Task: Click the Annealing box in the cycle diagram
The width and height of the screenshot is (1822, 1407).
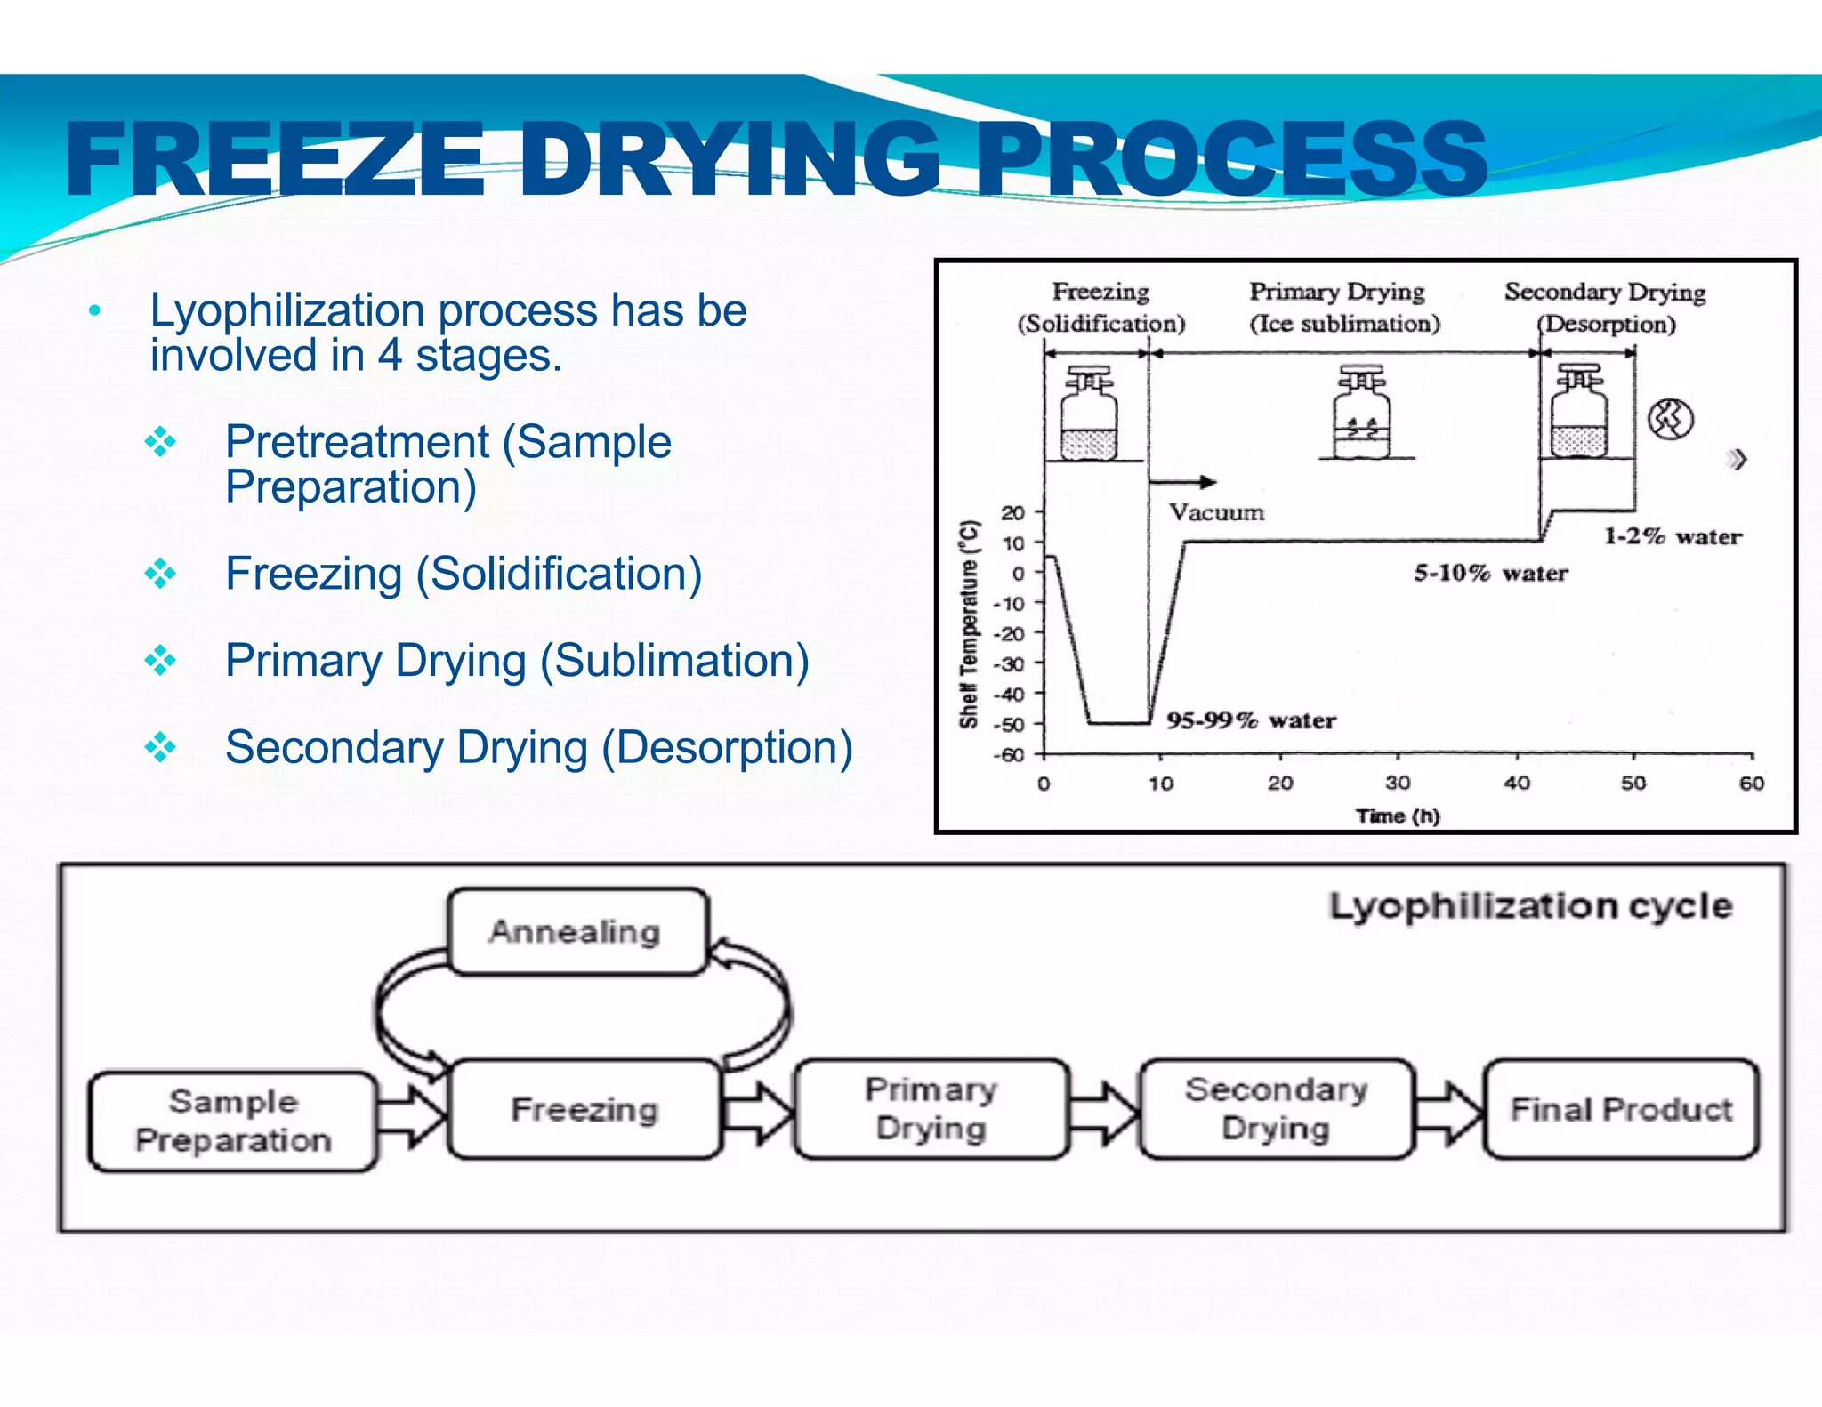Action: point(576,931)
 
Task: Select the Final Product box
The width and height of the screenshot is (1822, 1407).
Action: point(1621,1109)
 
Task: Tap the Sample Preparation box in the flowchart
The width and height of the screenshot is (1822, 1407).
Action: point(233,1121)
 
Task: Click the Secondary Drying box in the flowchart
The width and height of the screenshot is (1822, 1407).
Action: point(1276,1108)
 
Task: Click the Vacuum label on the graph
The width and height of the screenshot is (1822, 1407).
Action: point(1216,512)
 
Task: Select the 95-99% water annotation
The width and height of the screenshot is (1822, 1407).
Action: point(1251,720)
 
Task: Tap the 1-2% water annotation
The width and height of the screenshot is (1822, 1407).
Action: point(1673,536)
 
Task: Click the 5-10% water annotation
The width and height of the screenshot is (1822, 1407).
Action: point(1491,573)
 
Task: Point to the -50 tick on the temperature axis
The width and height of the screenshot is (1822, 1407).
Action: point(1012,724)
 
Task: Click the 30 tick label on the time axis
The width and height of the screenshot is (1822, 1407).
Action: point(1397,783)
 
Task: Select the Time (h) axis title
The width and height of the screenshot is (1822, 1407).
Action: point(1397,816)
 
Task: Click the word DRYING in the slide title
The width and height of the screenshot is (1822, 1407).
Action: point(730,160)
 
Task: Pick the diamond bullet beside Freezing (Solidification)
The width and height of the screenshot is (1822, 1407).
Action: point(160,574)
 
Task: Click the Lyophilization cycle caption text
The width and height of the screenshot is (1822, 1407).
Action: point(1530,906)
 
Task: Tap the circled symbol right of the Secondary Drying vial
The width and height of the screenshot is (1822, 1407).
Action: point(1670,419)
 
